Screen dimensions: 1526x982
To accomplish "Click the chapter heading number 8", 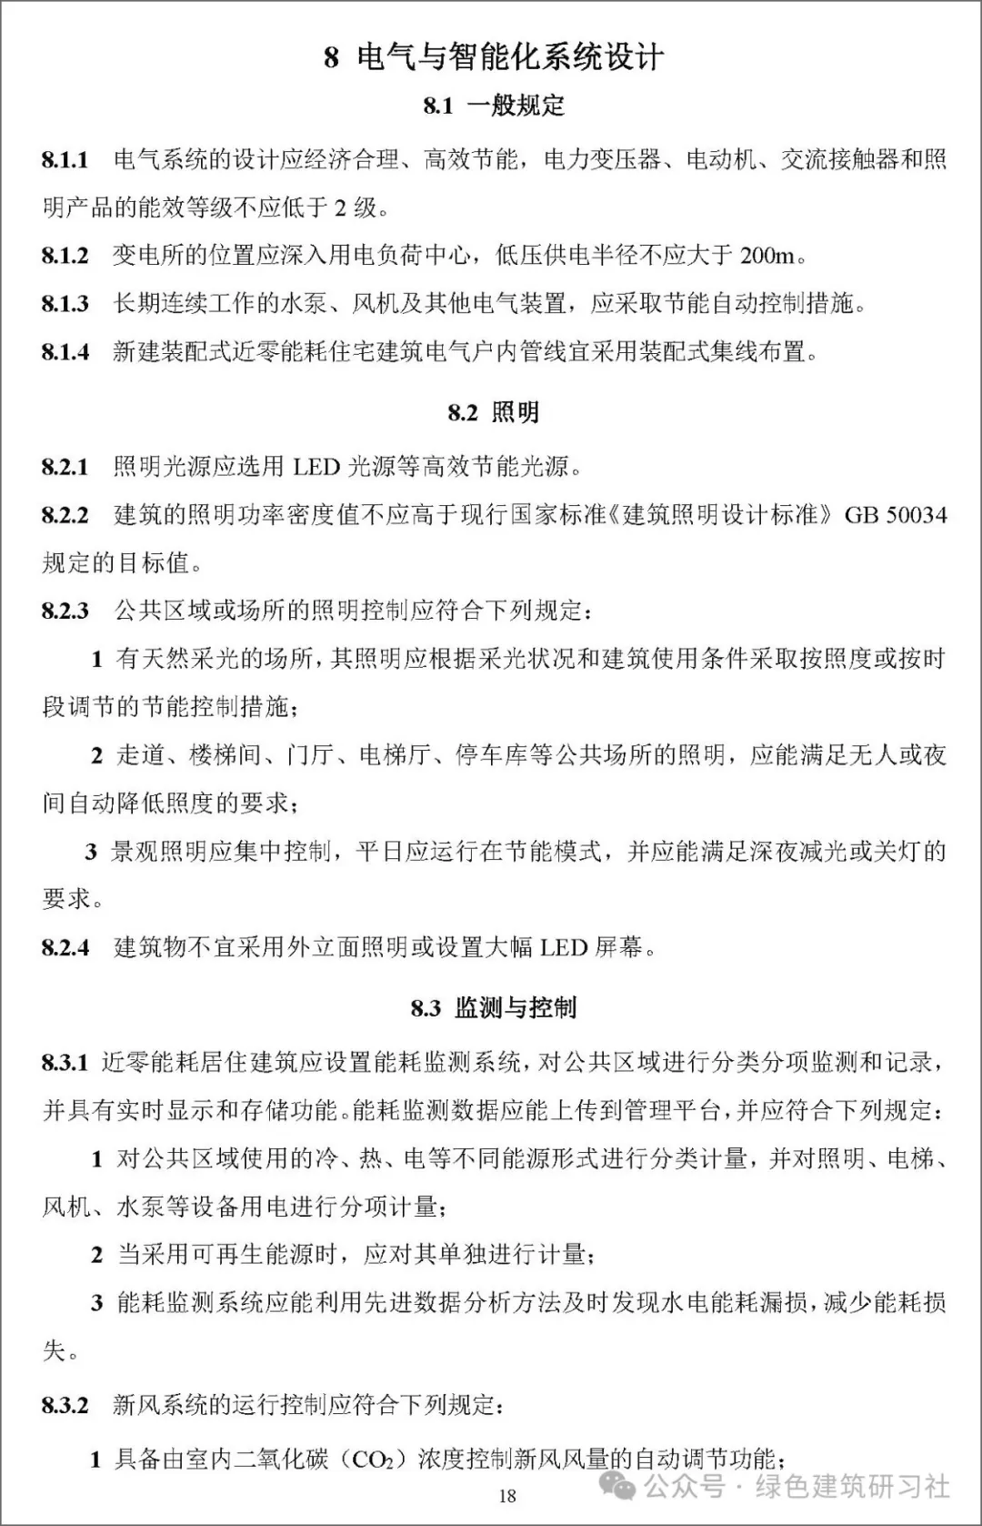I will tap(331, 58).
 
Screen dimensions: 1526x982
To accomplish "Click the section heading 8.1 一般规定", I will tap(494, 106).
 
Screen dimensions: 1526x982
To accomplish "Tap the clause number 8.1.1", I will tap(65, 160).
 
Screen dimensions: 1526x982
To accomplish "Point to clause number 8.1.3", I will tap(65, 303).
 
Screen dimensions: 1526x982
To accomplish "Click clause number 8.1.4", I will tap(65, 351).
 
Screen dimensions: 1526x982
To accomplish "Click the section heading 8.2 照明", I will tap(493, 412).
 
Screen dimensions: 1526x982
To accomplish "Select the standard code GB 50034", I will tap(896, 516).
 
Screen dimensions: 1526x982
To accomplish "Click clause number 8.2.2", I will tap(65, 516).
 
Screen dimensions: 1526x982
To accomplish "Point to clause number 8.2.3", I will tap(65, 611).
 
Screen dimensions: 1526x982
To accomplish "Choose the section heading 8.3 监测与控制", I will tap(493, 1007).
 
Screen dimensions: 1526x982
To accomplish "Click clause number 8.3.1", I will tap(65, 1062).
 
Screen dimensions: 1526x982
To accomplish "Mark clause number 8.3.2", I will tap(65, 1405).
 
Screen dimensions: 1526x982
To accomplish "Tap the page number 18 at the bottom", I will tap(507, 1496).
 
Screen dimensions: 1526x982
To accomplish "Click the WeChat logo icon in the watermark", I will tap(626, 1485).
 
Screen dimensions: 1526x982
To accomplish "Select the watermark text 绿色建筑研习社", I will tap(852, 1487).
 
